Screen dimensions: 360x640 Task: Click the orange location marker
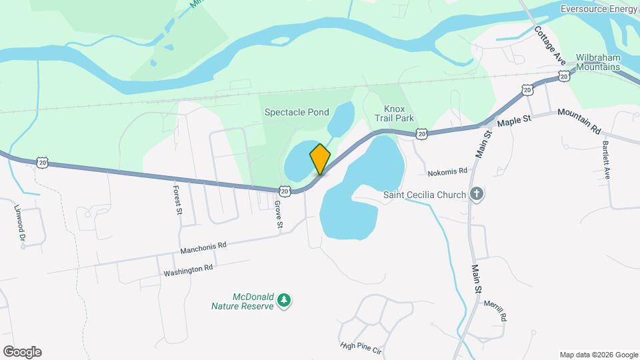pyautogui.click(x=320, y=159)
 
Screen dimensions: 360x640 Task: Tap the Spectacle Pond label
pyautogui.click(x=297, y=112)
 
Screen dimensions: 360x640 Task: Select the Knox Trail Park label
pyautogui.click(x=399, y=113)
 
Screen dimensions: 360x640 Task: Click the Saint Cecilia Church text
pyautogui.click(x=424, y=195)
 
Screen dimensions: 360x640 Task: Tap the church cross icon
pyautogui.click(x=476, y=195)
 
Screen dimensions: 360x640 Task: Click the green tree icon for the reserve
pyautogui.click(x=285, y=301)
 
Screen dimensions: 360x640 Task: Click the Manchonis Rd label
pyautogui.click(x=203, y=247)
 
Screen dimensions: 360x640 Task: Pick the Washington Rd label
pyautogui.click(x=188, y=269)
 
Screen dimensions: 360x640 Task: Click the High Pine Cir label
pyautogui.click(x=360, y=346)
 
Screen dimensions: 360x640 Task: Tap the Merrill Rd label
pyautogui.click(x=494, y=311)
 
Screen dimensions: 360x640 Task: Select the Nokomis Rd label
pyautogui.click(x=448, y=171)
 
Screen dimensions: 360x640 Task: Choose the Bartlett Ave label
pyautogui.click(x=607, y=160)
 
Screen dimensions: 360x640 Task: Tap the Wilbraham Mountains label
pyautogui.click(x=598, y=62)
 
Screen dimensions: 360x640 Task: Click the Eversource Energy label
pyautogui.click(x=599, y=9)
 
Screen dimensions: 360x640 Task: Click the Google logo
pyautogui.click(x=22, y=352)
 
